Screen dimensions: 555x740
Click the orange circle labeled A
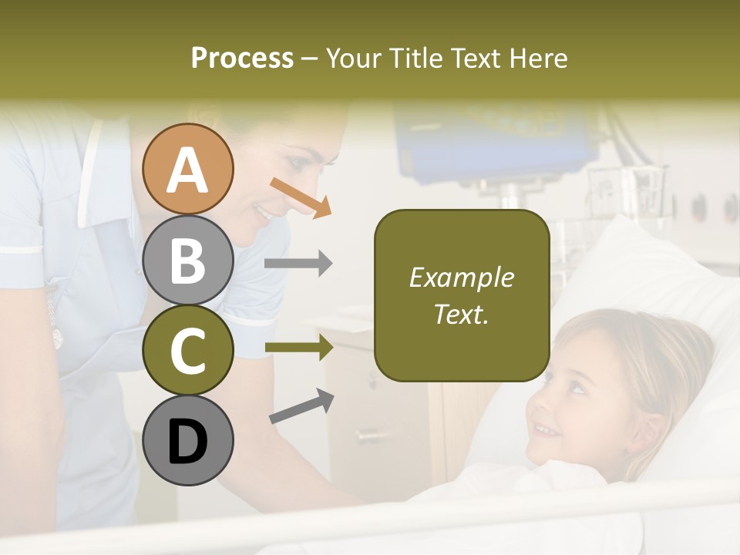pos(188,169)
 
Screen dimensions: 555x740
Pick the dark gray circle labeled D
pos(188,440)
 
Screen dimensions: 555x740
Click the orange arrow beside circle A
pos(301,197)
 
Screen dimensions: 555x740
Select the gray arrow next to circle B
pos(298,264)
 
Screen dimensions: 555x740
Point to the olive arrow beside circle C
pos(298,348)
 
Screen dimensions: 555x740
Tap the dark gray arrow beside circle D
pos(301,406)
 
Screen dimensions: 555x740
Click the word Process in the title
pos(242,58)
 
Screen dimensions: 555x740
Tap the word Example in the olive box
pos(461,277)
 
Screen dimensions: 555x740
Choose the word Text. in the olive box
pos(461,314)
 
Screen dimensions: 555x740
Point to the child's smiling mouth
pos(547,429)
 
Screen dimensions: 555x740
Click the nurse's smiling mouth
pos(266,213)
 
